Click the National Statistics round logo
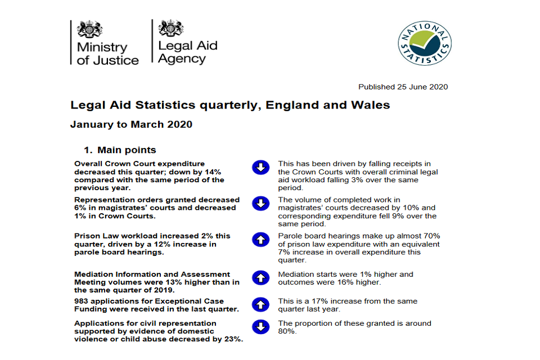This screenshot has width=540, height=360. coord(425,43)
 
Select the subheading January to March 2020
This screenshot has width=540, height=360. coord(131,124)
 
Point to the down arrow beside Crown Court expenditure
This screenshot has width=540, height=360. coord(260,167)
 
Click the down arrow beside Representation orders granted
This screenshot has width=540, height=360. coord(260,204)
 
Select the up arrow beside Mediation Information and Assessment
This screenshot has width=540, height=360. coord(260,277)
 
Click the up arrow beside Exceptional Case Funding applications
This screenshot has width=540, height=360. coord(260,305)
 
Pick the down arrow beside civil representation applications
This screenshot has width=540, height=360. coord(260,327)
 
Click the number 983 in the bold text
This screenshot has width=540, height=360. coord(82,301)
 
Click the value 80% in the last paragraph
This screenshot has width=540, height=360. coord(286,331)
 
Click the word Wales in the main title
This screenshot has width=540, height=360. coord(373,105)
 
